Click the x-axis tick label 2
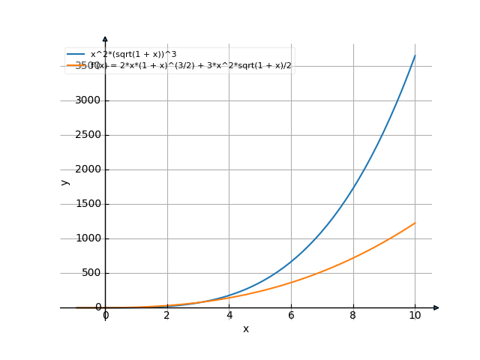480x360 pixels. pos(167,316)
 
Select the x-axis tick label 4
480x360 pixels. pos(229,316)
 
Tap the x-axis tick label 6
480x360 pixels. pos(291,316)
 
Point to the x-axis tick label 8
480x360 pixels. pos(352,316)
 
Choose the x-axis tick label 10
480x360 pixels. pos(415,316)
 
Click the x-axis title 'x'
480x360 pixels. pos(245,329)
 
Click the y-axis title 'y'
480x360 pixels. pos(65,182)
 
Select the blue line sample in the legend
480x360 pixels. pos(75,55)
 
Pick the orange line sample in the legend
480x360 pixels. pos(75,66)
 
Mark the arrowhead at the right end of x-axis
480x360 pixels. pos(436,307)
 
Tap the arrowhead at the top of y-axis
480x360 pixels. pos(105,37)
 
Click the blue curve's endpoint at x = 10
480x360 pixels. pos(415,55)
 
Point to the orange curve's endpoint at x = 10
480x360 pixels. pos(415,223)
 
